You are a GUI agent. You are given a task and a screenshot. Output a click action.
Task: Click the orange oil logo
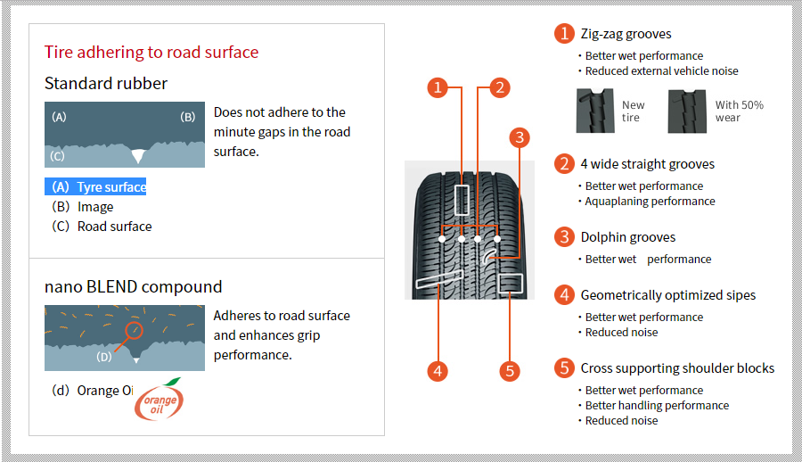pyautogui.click(x=160, y=400)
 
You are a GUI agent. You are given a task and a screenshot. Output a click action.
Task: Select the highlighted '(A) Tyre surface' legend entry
pyautogui.click(x=95, y=187)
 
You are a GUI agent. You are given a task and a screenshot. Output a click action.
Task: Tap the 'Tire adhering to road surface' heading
pyautogui.click(x=151, y=53)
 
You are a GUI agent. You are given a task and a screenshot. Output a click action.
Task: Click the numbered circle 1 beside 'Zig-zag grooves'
pyautogui.click(x=564, y=33)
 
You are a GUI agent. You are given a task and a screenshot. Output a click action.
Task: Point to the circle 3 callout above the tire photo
pyautogui.click(x=520, y=137)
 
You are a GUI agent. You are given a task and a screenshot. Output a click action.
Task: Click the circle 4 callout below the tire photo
pyautogui.click(x=438, y=371)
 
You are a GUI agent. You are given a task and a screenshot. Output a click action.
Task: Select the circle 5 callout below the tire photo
pyautogui.click(x=510, y=371)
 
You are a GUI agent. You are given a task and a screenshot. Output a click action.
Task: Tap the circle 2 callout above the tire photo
pyautogui.click(x=500, y=87)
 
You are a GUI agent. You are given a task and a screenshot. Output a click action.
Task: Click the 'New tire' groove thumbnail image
pyautogui.click(x=595, y=111)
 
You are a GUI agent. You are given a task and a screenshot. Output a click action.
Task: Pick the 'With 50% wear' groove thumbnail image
pyautogui.click(x=687, y=111)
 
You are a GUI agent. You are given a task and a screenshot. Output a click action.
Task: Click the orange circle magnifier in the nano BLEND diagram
pyautogui.click(x=134, y=331)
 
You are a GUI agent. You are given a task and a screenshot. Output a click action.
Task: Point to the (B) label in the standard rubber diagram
pyautogui.click(x=188, y=117)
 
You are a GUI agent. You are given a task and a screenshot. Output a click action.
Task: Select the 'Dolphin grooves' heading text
pyautogui.click(x=628, y=237)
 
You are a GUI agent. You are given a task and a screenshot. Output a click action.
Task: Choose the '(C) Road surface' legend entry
pyautogui.click(x=102, y=227)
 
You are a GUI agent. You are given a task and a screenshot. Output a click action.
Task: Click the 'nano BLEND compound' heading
pyautogui.click(x=134, y=287)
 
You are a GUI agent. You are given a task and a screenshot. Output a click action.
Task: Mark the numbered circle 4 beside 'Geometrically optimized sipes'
pyautogui.click(x=564, y=295)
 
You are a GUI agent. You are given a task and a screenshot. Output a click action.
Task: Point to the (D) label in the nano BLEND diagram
pyautogui.click(x=104, y=357)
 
